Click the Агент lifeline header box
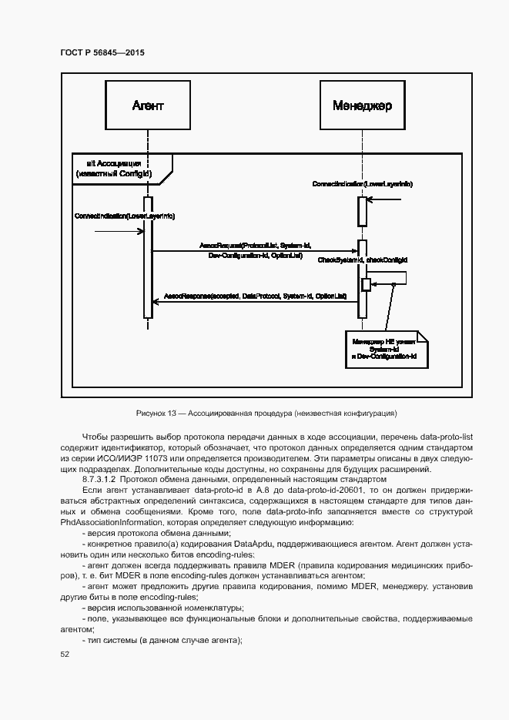147,105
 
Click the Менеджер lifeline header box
362,105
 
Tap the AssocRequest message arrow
254,250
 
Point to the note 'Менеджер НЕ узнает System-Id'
384,349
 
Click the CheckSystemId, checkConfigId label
363,261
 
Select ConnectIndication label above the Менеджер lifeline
362,185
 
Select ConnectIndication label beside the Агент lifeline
123,216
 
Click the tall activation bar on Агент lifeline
147,258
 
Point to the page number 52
65,654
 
